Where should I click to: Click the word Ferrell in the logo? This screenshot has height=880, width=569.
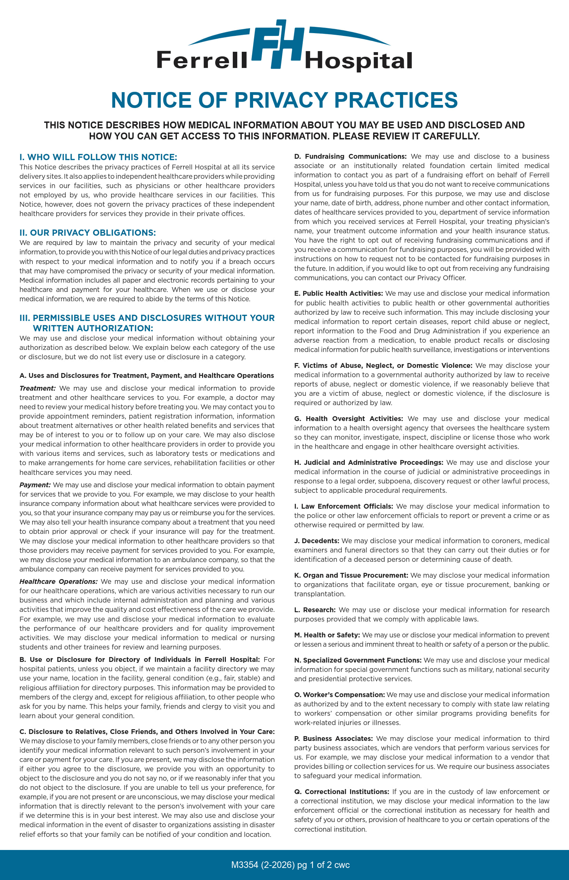point(202,60)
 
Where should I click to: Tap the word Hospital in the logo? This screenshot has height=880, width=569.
point(358,61)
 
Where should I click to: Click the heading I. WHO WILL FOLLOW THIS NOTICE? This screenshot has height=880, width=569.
point(98,157)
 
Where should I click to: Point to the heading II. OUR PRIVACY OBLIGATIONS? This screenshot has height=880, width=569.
point(88,233)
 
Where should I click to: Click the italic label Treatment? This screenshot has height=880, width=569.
point(37,388)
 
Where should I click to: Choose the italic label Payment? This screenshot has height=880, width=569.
point(35,485)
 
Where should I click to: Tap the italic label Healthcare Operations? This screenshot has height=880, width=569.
point(58,581)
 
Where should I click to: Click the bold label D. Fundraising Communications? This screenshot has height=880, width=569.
point(350,156)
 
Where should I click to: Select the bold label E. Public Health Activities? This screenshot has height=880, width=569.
point(338,293)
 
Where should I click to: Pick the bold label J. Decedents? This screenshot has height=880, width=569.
point(317,540)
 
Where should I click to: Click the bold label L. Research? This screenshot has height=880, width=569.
point(315,610)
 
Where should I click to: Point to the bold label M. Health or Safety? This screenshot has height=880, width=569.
point(327,635)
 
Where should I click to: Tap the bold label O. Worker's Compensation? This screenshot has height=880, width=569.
point(340,695)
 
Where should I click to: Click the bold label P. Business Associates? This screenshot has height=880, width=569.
point(333,739)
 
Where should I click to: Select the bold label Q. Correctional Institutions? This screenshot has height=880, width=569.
point(342,792)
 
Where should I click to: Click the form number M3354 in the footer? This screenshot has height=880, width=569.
point(244,865)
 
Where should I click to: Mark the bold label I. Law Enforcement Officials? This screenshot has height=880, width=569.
point(343,506)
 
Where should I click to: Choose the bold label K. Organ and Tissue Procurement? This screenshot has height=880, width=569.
point(351,575)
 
